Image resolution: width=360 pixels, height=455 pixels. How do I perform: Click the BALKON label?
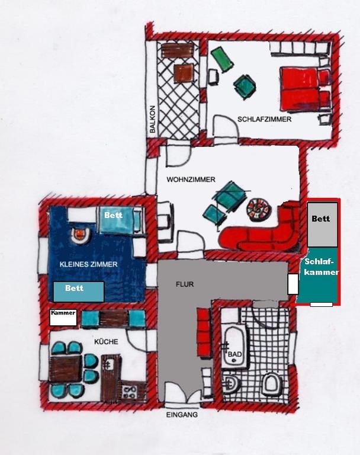tap(153, 119)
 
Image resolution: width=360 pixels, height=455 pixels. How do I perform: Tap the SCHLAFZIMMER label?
tap(264, 119)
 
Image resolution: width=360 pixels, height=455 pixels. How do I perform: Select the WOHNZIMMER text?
tap(191, 180)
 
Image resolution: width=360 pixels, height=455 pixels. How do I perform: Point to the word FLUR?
tap(185, 284)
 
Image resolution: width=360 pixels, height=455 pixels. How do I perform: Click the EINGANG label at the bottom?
tap(182, 415)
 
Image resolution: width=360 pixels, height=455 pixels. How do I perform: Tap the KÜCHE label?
tap(106, 341)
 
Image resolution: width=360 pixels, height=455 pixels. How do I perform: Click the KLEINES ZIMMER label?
tap(88, 264)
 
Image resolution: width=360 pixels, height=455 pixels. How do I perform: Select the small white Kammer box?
tap(63, 318)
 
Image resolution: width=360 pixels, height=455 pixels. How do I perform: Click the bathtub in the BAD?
tap(234, 347)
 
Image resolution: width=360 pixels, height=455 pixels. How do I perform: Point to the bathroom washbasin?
tap(231, 383)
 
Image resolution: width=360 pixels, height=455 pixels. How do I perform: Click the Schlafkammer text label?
tap(322, 267)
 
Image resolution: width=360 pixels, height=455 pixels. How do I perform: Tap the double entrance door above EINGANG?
tap(183, 393)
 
